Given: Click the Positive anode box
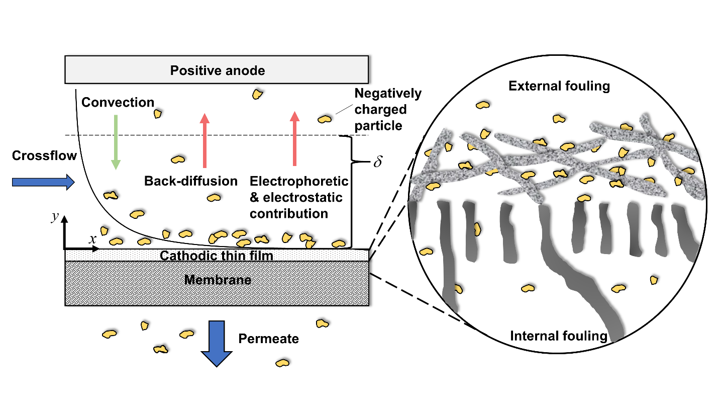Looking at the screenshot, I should tap(217, 70).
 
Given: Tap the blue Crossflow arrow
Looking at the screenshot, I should tap(43, 182).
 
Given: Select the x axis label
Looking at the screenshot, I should tap(93, 239).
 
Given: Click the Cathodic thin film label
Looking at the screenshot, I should tap(216, 256).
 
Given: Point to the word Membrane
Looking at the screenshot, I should tap(217, 280).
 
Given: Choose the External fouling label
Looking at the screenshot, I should tap(559, 86).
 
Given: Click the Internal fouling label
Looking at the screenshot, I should tap(558, 336).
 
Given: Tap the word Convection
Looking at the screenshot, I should tap(118, 103).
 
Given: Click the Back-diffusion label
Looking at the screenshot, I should tap(191, 181).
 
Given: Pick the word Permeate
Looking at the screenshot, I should tap(268, 339).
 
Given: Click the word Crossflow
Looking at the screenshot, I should tap(44, 156).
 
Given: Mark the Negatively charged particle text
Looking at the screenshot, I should tap(387, 109).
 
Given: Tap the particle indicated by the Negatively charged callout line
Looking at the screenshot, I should tap(325, 119).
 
